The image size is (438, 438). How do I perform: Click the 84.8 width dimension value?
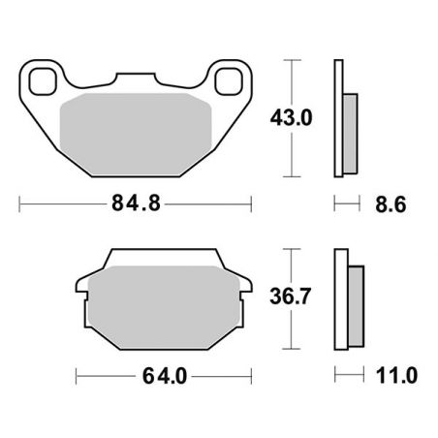[135, 205]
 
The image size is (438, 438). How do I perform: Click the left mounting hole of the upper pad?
[42, 80]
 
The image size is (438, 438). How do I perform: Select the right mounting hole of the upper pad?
[231, 80]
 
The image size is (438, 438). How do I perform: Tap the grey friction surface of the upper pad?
[136, 131]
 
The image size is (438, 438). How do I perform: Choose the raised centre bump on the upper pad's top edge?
[136, 77]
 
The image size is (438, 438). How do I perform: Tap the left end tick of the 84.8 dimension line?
[21, 204]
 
